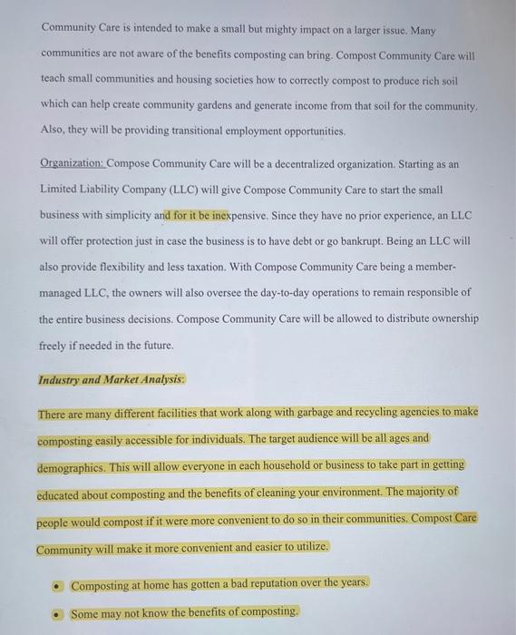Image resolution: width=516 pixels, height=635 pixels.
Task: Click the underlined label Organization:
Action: point(73,164)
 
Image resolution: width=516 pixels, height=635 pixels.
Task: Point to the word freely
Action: point(55,346)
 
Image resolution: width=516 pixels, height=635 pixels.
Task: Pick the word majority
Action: point(421,492)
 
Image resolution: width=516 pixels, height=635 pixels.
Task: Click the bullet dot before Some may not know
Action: point(56,612)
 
